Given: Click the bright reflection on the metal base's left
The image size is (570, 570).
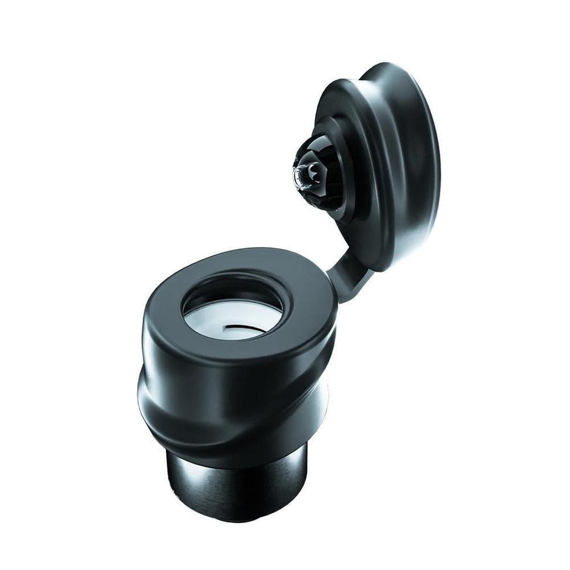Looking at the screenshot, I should (x=181, y=470).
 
